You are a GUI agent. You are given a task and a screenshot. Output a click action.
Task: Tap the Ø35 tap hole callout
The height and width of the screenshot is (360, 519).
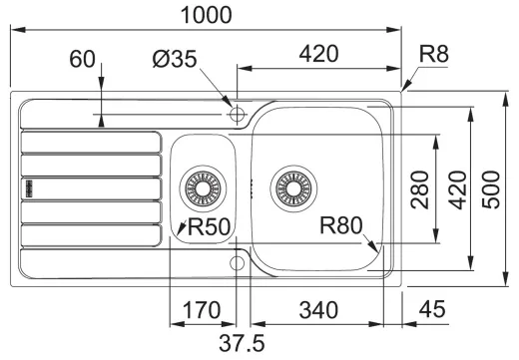tap(177, 61)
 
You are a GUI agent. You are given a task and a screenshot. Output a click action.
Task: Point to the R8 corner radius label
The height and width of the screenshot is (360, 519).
tap(434, 54)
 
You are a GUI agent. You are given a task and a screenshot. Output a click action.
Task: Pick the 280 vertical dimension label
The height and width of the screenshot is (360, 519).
tap(420, 189)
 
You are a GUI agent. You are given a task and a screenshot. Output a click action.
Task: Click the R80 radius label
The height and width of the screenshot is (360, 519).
tap(340, 225)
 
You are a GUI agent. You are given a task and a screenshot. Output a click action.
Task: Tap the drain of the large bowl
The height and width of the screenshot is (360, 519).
tap(294, 185)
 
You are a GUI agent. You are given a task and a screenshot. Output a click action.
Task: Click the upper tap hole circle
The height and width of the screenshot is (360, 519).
tap(237, 115)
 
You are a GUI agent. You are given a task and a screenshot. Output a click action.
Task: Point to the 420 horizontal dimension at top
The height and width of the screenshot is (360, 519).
tap(317, 54)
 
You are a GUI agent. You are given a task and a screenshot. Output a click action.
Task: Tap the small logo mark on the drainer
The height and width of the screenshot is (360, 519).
tap(29, 185)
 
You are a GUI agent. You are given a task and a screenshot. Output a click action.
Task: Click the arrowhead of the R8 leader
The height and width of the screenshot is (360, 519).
tap(404, 89)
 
